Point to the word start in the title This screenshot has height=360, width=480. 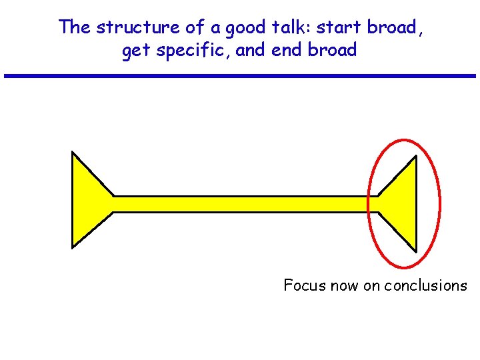click(341, 27)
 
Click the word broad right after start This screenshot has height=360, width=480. click(393, 27)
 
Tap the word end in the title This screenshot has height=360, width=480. click(285, 51)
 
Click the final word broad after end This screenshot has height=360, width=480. click(332, 51)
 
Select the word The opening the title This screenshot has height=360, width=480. click(74, 27)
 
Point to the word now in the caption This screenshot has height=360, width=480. click(343, 285)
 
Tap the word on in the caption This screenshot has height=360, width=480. click(371, 285)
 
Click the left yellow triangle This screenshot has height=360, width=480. click(87, 201)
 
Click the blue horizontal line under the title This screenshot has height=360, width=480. click(240, 76)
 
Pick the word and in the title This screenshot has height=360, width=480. click(251, 51)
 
